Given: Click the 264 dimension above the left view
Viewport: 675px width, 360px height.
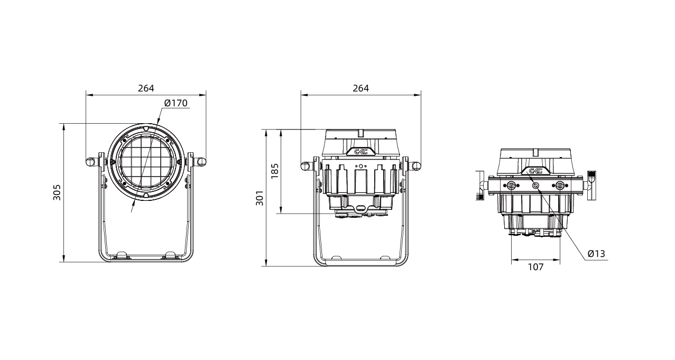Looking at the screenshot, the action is pyautogui.click(x=146, y=88).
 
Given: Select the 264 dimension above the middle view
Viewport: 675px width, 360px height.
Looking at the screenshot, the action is pyautogui.click(x=360, y=88).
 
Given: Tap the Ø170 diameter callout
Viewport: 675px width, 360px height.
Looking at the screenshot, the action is pyautogui.click(x=176, y=103).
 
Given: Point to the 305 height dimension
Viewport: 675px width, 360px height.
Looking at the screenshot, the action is pyautogui.click(x=57, y=192).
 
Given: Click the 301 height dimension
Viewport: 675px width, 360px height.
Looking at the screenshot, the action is pyautogui.click(x=260, y=198).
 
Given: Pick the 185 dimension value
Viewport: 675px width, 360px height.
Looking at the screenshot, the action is pyautogui.click(x=275, y=171).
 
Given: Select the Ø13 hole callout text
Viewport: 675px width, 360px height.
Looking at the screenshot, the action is pyautogui.click(x=596, y=254).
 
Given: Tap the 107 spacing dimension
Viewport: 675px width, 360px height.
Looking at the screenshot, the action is pyautogui.click(x=536, y=267).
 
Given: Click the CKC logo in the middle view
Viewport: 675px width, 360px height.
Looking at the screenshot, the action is pyautogui.click(x=360, y=152).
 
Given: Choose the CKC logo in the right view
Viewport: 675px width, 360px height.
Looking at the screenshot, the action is pyautogui.click(x=535, y=171).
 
